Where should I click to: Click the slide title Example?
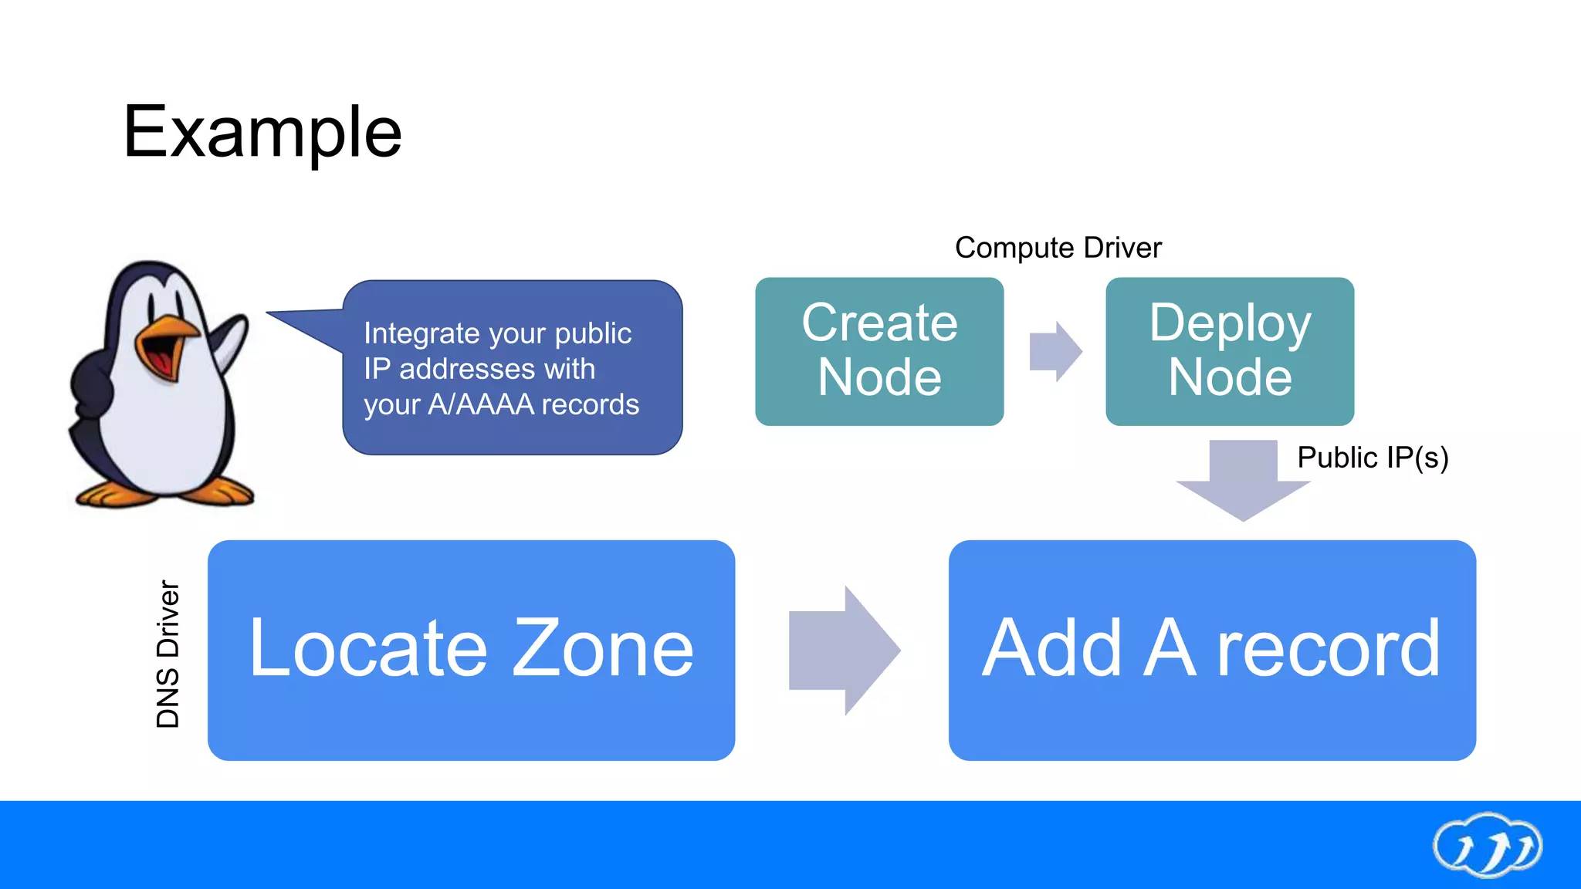point(262,133)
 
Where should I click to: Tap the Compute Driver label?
point(1058,248)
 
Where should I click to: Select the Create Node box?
point(879,351)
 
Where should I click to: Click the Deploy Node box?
point(1230,351)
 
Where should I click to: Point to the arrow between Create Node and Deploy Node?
point(1055,352)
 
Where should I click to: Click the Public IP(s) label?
point(1373,458)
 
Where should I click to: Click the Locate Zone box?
point(471,650)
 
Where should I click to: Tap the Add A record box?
point(1212,650)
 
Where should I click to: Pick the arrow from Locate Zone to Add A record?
point(843,650)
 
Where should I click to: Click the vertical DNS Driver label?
point(168,654)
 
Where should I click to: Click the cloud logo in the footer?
point(1487,846)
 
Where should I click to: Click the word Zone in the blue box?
point(603,650)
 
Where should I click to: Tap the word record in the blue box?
point(1328,650)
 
